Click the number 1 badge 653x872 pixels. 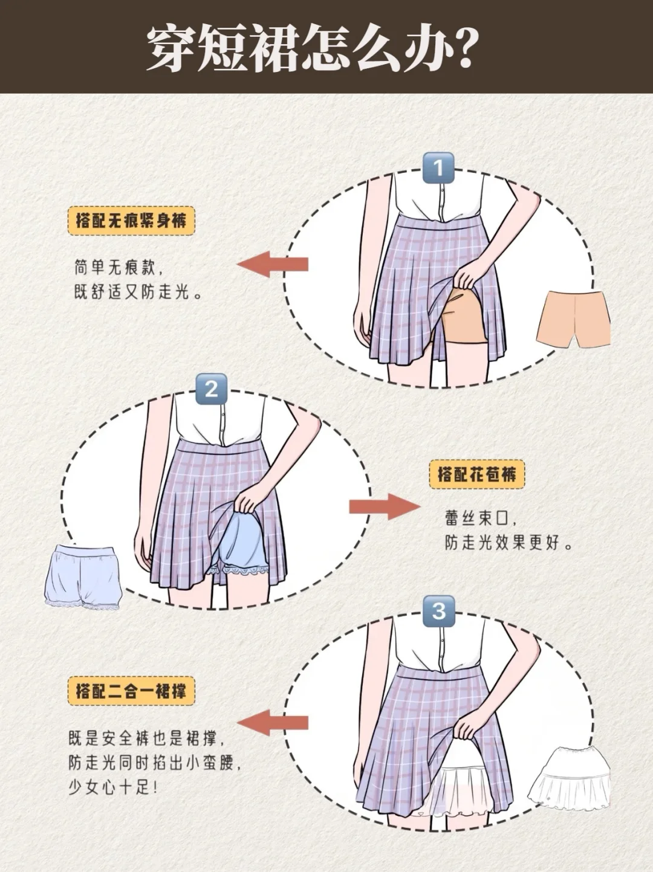[x=438, y=168]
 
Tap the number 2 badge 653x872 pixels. [x=211, y=389]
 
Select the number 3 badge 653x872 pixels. [x=439, y=610]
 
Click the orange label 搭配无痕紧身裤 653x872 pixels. [x=131, y=221]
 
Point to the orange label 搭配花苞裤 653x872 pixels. [x=477, y=474]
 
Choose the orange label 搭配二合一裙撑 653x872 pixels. [x=131, y=690]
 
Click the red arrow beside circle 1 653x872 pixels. [x=273, y=264]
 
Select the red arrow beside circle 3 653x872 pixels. [x=273, y=722]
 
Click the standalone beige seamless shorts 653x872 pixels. [x=572, y=319]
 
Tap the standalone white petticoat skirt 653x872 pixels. [x=569, y=778]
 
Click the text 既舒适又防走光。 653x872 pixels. [x=138, y=292]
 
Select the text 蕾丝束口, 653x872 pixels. [x=481, y=518]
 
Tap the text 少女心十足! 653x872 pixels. [x=113, y=787]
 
